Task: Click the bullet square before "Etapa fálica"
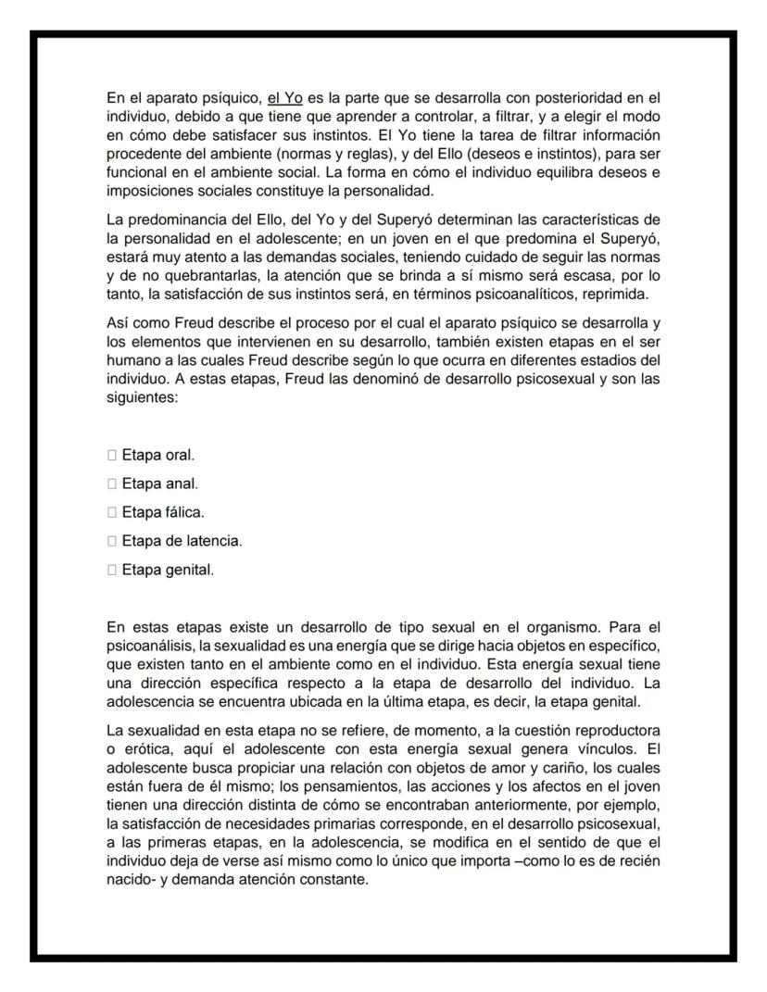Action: click(x=112, y=512)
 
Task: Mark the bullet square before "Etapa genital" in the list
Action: click(x=112, y=570)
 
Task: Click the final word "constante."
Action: click(x=334, y=880)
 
